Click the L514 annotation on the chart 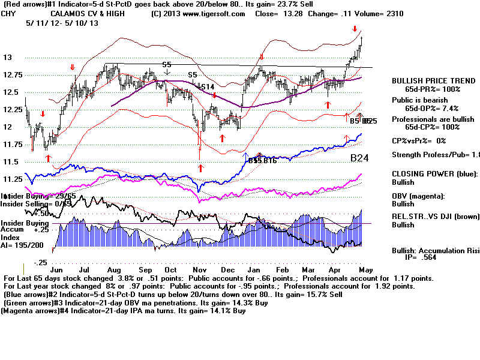coord(205,87)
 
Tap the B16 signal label coord(269,161)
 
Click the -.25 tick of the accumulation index coord(40,263)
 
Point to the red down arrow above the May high coord(355,28)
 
